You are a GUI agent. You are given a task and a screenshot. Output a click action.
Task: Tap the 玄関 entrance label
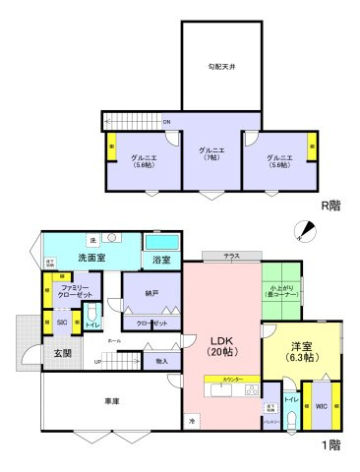click(x=61, y=353)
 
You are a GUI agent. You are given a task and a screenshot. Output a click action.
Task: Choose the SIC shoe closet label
click(x=61, y=321)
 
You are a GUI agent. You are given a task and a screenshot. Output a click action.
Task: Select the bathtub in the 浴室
click(x=162, y=241)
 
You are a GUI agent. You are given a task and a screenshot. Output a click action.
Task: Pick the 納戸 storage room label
click(x=150, y=292)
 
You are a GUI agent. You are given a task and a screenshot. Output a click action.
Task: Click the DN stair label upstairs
click(x=167, y=121)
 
